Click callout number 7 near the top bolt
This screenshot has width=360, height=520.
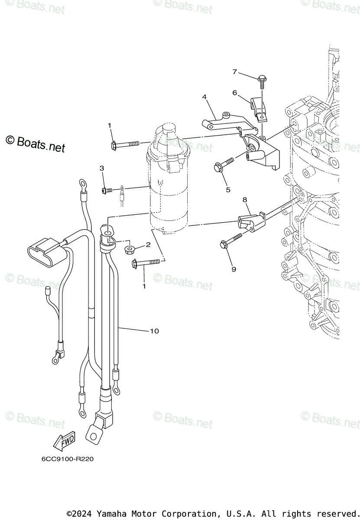(x=234, y=72)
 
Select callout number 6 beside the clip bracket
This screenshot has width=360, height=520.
(x=234, y=93)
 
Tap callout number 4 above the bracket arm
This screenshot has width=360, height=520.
(x=204, y=97)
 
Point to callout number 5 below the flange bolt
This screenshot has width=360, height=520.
(x=228, y=189)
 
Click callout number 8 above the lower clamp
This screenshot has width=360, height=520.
(x=245, y=200)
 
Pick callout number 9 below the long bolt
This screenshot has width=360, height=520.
(x=234, y=269)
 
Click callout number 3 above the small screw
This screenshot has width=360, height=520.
(x=102, y=168)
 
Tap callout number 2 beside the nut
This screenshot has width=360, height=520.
(x=148, y=244)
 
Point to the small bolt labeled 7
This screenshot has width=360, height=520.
(x=262, y=79)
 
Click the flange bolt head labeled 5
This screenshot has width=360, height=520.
(x=217, y=166)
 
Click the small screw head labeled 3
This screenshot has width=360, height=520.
(x=104, y=190)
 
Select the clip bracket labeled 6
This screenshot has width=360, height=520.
(x=259, y=108)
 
